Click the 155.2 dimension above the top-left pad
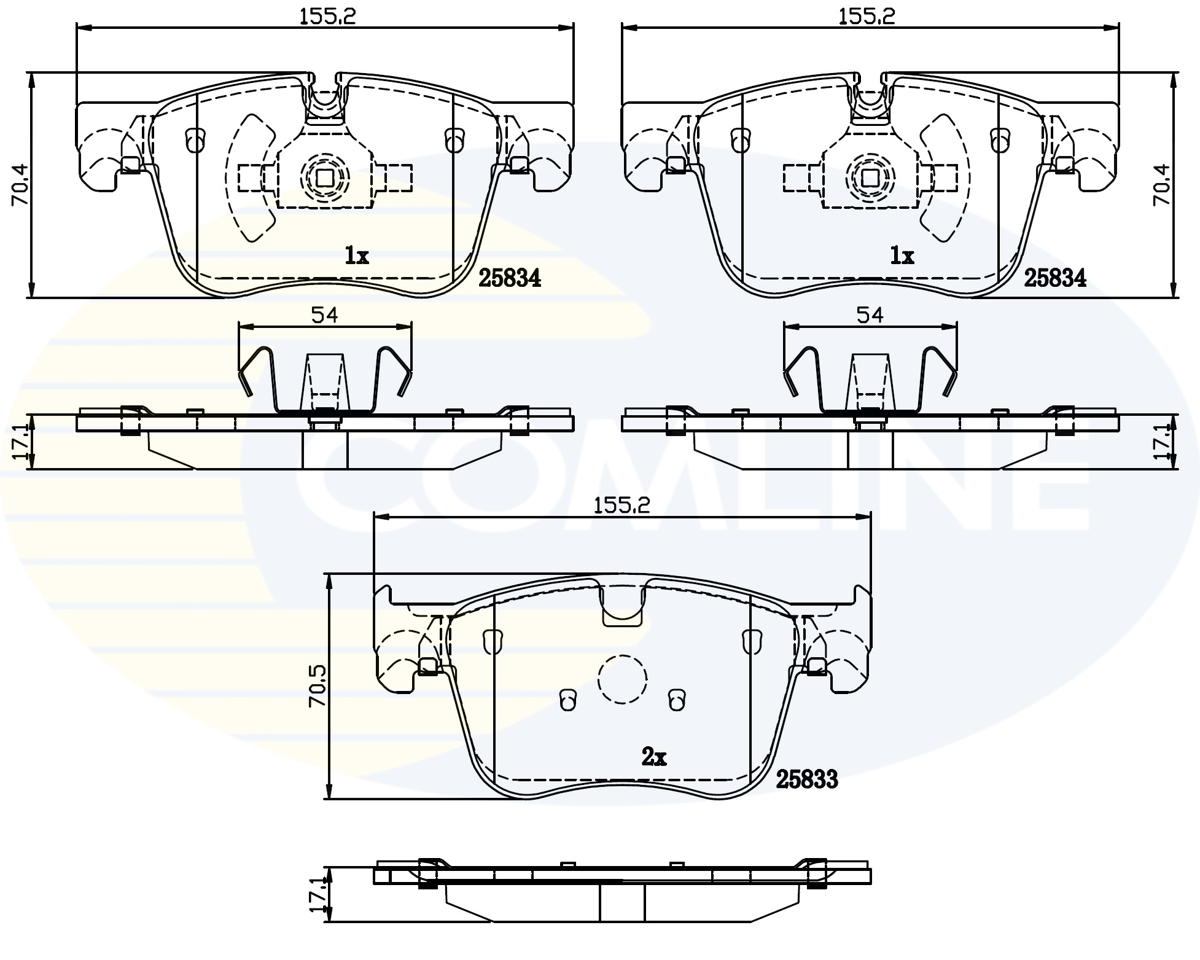click(x=327, y=17)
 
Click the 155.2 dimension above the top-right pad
click(x=867, y=17)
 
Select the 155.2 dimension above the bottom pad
click(x=621, y=505)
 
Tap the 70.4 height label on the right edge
click(x=1161, y=184)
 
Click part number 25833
click(x=806, y=779)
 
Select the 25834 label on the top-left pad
click(x=509, y=278)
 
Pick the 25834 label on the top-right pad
click(x=1054, y=278)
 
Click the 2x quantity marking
click(x=653, y=757)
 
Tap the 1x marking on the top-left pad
click(x=356, y=256)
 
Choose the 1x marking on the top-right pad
click(x=902, y=256)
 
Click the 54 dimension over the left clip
click(x=324, y=315)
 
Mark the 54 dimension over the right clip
click(x=870, y=315)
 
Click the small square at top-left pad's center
click(x=324, y=178)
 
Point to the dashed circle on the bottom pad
click(x=623, y=679)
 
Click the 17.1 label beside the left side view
click(x=20, y=442)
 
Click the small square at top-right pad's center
click(x=870, y=178)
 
